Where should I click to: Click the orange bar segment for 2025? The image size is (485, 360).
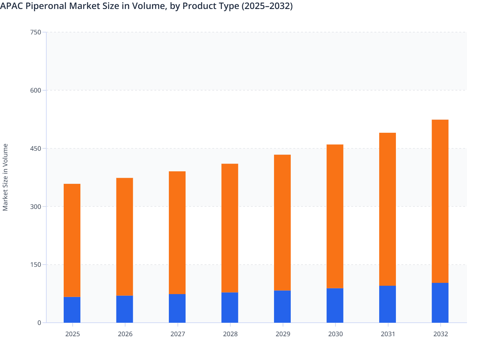click(72, 240)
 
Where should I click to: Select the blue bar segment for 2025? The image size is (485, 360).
click(72, 310)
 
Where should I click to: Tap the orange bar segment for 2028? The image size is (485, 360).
click(230, 228)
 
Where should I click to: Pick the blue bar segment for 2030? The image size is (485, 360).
click(335, 305)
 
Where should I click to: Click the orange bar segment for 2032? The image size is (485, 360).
click(440, 201)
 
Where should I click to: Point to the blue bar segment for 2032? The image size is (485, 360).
click(440, 302)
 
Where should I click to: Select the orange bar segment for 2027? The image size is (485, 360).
click(177, 233)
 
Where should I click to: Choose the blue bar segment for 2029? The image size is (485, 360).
click(282, 306)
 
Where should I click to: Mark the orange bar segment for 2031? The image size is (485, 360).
click(388, 209)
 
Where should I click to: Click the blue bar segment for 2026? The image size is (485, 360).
click(124, 309)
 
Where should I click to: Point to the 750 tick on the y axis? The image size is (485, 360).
click(35, 32)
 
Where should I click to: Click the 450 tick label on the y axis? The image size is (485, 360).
click(35, 148)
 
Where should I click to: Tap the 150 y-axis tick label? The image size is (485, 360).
click(35, 265)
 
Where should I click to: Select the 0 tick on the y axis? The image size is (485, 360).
click(39, 323)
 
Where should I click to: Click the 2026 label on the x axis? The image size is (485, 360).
click(125, 334)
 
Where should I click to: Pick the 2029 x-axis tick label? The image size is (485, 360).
click(283, 334)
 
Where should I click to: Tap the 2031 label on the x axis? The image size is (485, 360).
click(388, 334)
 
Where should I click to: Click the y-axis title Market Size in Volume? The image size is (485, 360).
click(5, 177)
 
